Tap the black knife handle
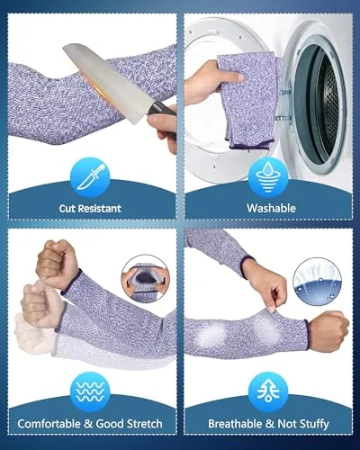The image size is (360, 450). point(164,110)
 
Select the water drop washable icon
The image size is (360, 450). point(268,177)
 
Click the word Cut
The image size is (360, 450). point(67,208)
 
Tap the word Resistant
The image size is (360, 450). point(100,208)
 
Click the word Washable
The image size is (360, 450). point(271,208)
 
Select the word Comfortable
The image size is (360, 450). point(49,424)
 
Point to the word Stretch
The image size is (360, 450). point(145,424)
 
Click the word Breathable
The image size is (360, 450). point(235,424)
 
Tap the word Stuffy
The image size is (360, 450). point(314,424)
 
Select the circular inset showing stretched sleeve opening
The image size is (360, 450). point(146,279)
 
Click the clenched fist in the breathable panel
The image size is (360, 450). point(328,330)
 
